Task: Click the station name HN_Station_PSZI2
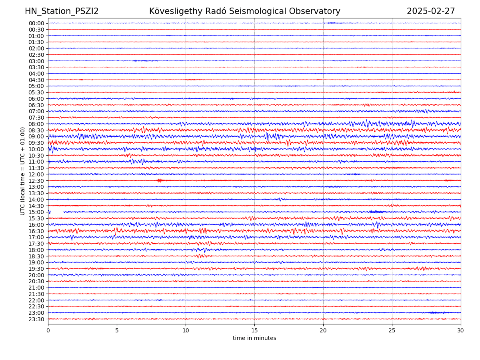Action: click(62, 11)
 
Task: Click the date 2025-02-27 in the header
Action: click(431, 11)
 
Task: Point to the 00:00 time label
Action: click(36, 23)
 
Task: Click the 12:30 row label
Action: click(36, 181)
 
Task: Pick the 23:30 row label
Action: click(36, 319)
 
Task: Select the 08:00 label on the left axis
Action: click(36, 124)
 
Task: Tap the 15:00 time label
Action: click(36, 212)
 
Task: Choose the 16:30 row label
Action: click(36, 231)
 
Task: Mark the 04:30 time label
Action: click(36, 80)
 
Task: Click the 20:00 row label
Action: click(36, 275)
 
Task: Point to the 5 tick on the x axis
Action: click(117, 330)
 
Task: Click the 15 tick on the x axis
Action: click(254, 330)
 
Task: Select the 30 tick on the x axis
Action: click(461, 330)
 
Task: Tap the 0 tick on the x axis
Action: click(48, 330)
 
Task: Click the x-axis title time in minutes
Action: click(254, 338)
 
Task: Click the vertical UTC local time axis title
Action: click(23, 171)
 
